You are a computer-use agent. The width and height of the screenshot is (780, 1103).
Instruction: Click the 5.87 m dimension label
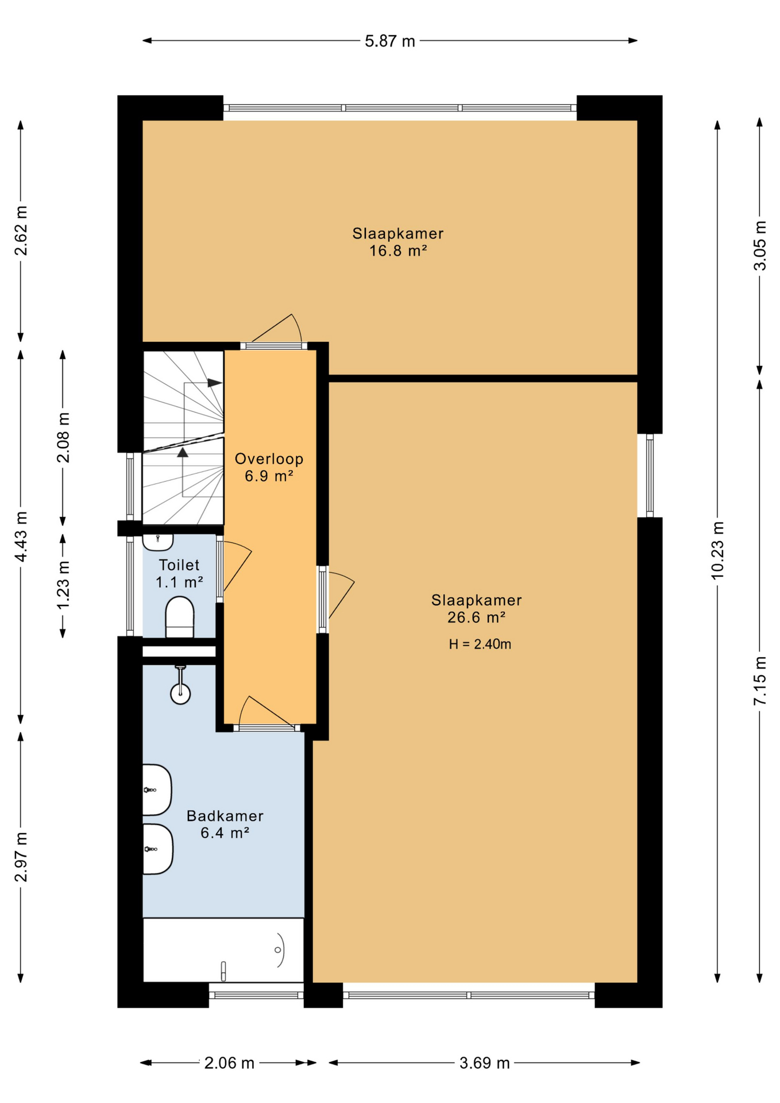(389, 41)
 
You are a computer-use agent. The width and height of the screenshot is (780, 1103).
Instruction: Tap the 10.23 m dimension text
(717, 550)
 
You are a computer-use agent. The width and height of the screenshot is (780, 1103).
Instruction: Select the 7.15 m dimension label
(759, 681)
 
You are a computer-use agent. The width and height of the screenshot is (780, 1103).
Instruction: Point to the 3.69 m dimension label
(484, 1063)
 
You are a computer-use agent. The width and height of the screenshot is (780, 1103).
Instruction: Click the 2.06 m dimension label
(229, 1063)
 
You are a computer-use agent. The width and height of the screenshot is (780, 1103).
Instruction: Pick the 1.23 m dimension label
(63, 585)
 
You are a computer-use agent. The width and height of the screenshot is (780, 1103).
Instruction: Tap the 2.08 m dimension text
(63, 438)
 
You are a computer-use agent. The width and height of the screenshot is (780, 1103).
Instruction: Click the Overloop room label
(269, 459)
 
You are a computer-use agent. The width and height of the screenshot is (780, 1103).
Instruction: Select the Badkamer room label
(225, 816)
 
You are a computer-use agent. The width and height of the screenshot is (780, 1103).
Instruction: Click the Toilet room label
(179, 565)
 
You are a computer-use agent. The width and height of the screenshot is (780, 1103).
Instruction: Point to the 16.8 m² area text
(398, 251)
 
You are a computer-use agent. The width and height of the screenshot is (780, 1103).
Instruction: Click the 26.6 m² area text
(476, 618)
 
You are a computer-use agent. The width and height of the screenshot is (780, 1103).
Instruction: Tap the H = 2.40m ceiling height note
(480, 645)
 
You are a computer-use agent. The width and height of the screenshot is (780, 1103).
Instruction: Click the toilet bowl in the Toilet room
(180, 617)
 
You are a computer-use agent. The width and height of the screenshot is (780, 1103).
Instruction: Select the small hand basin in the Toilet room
(158, 542)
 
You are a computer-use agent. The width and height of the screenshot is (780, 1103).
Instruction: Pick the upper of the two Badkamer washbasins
(157, 790)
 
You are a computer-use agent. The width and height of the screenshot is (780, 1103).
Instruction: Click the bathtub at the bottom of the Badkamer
(223, 950)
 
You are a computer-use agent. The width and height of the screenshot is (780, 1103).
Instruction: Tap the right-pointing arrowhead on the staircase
(215, 383)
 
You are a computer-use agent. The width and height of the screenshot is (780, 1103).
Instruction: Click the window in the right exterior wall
(650, 476)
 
